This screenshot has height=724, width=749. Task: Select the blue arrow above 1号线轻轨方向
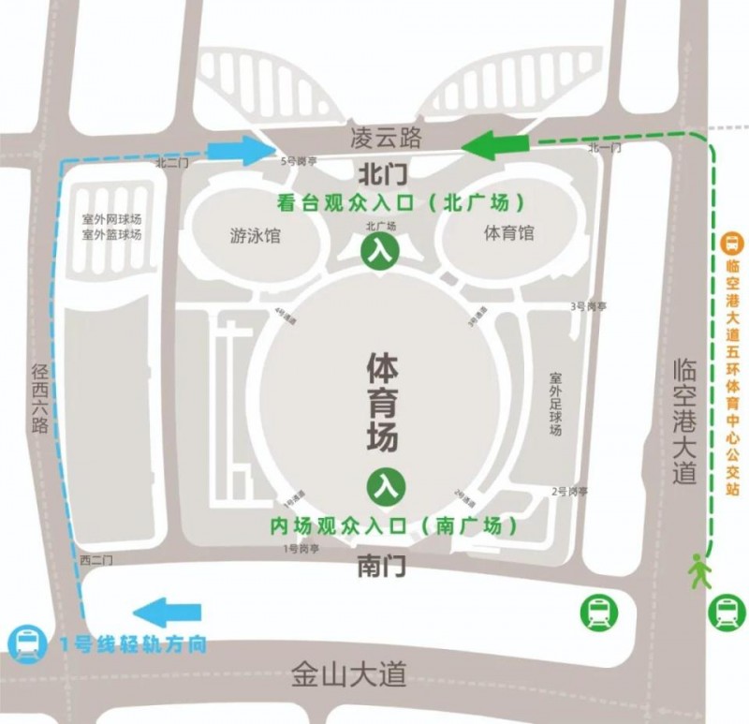[168, 613]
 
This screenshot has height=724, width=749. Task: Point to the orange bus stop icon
[732, 242]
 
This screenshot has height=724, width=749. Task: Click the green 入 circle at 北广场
[380, 251]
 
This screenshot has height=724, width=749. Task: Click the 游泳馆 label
[255, 234]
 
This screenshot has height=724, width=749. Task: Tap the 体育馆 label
[509, 231]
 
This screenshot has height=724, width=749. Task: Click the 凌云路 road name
[384, 138]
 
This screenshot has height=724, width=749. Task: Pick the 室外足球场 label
[555, 403]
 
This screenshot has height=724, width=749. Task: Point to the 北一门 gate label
[604, 148]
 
